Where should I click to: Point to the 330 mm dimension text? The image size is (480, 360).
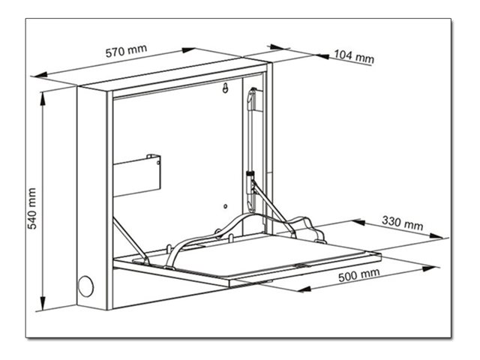(403, 224)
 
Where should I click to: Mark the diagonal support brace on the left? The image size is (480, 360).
(129, 238)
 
